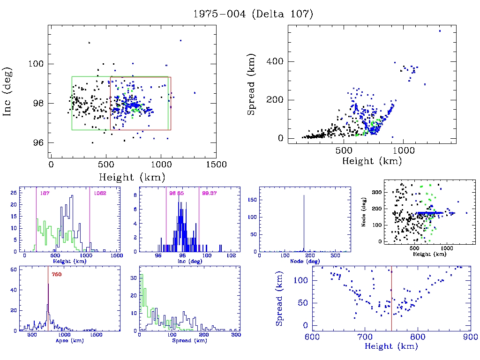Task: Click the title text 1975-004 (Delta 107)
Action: [253, 14]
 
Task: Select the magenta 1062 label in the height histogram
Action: [100, 193]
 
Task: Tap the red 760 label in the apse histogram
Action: [56, 274]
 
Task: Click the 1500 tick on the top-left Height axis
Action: [217, 165]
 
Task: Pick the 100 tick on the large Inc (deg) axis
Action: [38, 64]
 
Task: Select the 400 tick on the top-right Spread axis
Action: [276, 61]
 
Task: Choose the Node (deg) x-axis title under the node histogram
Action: [302, 261]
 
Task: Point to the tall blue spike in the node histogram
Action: [304, 220]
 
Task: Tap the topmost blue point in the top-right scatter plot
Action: [440, 31]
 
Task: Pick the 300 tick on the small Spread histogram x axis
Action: [236, 336]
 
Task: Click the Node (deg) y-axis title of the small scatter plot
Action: [364, 211]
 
